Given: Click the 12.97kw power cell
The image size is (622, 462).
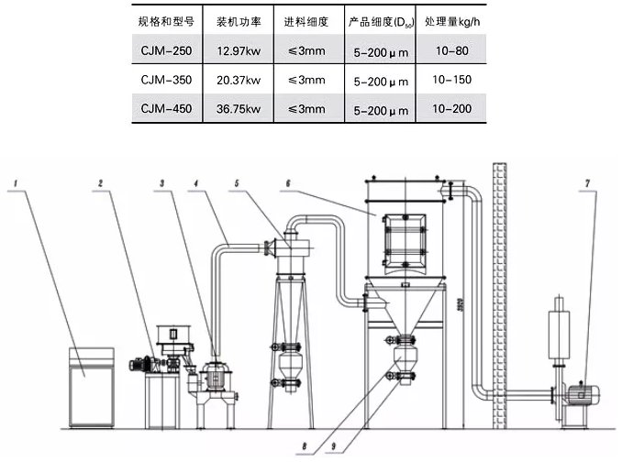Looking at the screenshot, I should click(238, 49).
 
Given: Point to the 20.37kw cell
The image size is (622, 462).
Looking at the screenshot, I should click(238, 80).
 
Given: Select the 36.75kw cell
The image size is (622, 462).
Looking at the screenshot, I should click(238, 110).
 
